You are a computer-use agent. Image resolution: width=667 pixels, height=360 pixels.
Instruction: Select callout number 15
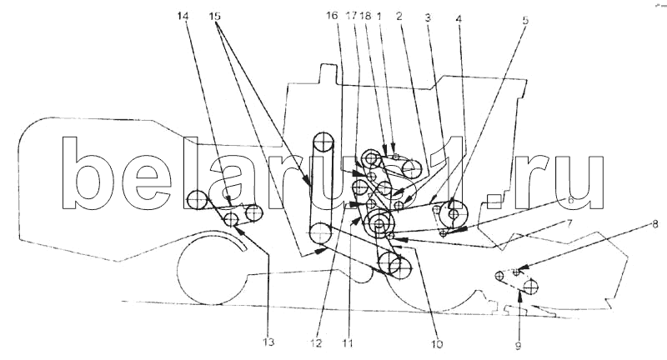[x=216, y=17]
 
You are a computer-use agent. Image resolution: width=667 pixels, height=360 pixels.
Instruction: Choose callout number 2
[x=401, y=17]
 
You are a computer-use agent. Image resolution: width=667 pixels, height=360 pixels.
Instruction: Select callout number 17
[x=351, y=17]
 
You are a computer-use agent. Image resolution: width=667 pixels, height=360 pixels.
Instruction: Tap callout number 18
[x=365, y=17]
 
